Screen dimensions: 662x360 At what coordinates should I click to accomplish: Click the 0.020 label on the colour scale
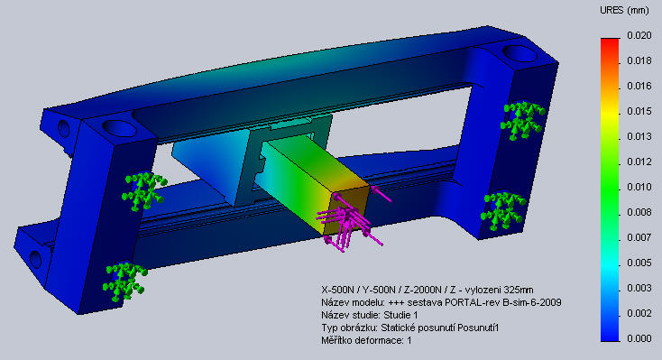tap(639, 35)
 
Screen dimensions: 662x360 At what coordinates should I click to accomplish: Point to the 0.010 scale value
tap(639, 187)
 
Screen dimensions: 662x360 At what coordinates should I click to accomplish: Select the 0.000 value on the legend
tap(639, 338)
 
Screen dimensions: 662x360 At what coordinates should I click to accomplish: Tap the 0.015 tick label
tap(639, 111)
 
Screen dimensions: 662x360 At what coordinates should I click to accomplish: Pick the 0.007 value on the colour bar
tap(639, 237)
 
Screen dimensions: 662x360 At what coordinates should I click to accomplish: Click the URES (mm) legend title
tap(624, 11)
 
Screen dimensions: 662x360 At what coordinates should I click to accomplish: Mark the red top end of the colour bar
tap(610, 41)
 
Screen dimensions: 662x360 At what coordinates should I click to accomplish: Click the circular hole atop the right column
tap(519, 53)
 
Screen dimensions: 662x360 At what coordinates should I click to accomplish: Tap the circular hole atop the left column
tap(119, 128)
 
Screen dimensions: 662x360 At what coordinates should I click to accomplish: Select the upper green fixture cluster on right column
tap(523, 120)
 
